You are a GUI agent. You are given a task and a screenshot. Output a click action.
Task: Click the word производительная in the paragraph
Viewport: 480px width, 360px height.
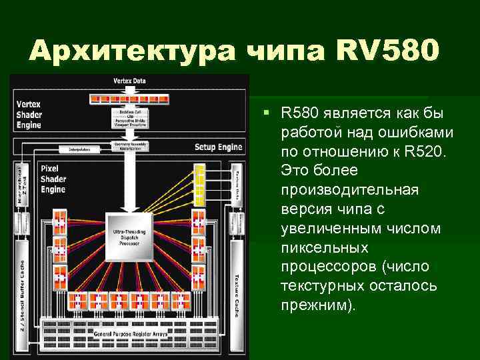tap(349, 190)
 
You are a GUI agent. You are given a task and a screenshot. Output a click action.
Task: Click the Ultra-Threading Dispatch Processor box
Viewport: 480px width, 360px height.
tap(130, 235)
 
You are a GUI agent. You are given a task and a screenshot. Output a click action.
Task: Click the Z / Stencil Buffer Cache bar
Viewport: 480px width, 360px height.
tap(23, 287)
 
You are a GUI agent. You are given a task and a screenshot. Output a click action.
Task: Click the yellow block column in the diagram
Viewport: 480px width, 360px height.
tap(199, 182)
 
